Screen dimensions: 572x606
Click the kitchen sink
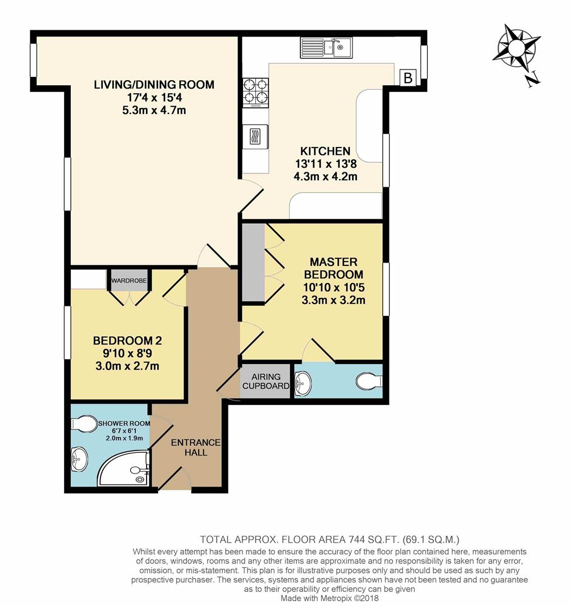pyautogui.click(x=326, y=48)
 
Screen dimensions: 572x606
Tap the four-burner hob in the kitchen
pyautogui.click(x=255, y=93)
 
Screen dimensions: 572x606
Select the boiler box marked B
pyautogui.click(x=408, y=77)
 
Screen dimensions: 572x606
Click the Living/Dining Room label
pyautogui.click(x=154, y=85)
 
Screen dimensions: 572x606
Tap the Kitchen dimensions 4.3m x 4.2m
pyautogui.click(x=325, y=177)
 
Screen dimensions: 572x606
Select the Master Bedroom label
pyautogui.click(x=333, y=268)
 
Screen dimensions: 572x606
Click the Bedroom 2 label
pyautogui.click(x=127, y=341)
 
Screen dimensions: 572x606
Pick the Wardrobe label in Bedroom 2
pyautogui.click(x=129, y=280)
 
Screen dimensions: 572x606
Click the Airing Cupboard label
pyautogui.click(x=266, y=381)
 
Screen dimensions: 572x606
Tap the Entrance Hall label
pyautogui.click(x=196, y=447)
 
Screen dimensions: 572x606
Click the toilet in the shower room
pyautogui.click(x=84, y=424)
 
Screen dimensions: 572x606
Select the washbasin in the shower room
pyautogui.click(x=79, y=459)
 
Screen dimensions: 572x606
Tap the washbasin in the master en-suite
pyautogui.click(x=303, y=383)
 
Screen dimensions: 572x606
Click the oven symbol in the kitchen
pyautogui.click(x=255, y=136)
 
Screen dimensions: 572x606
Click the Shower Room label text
pyautogui.click(x=124, y=423)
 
